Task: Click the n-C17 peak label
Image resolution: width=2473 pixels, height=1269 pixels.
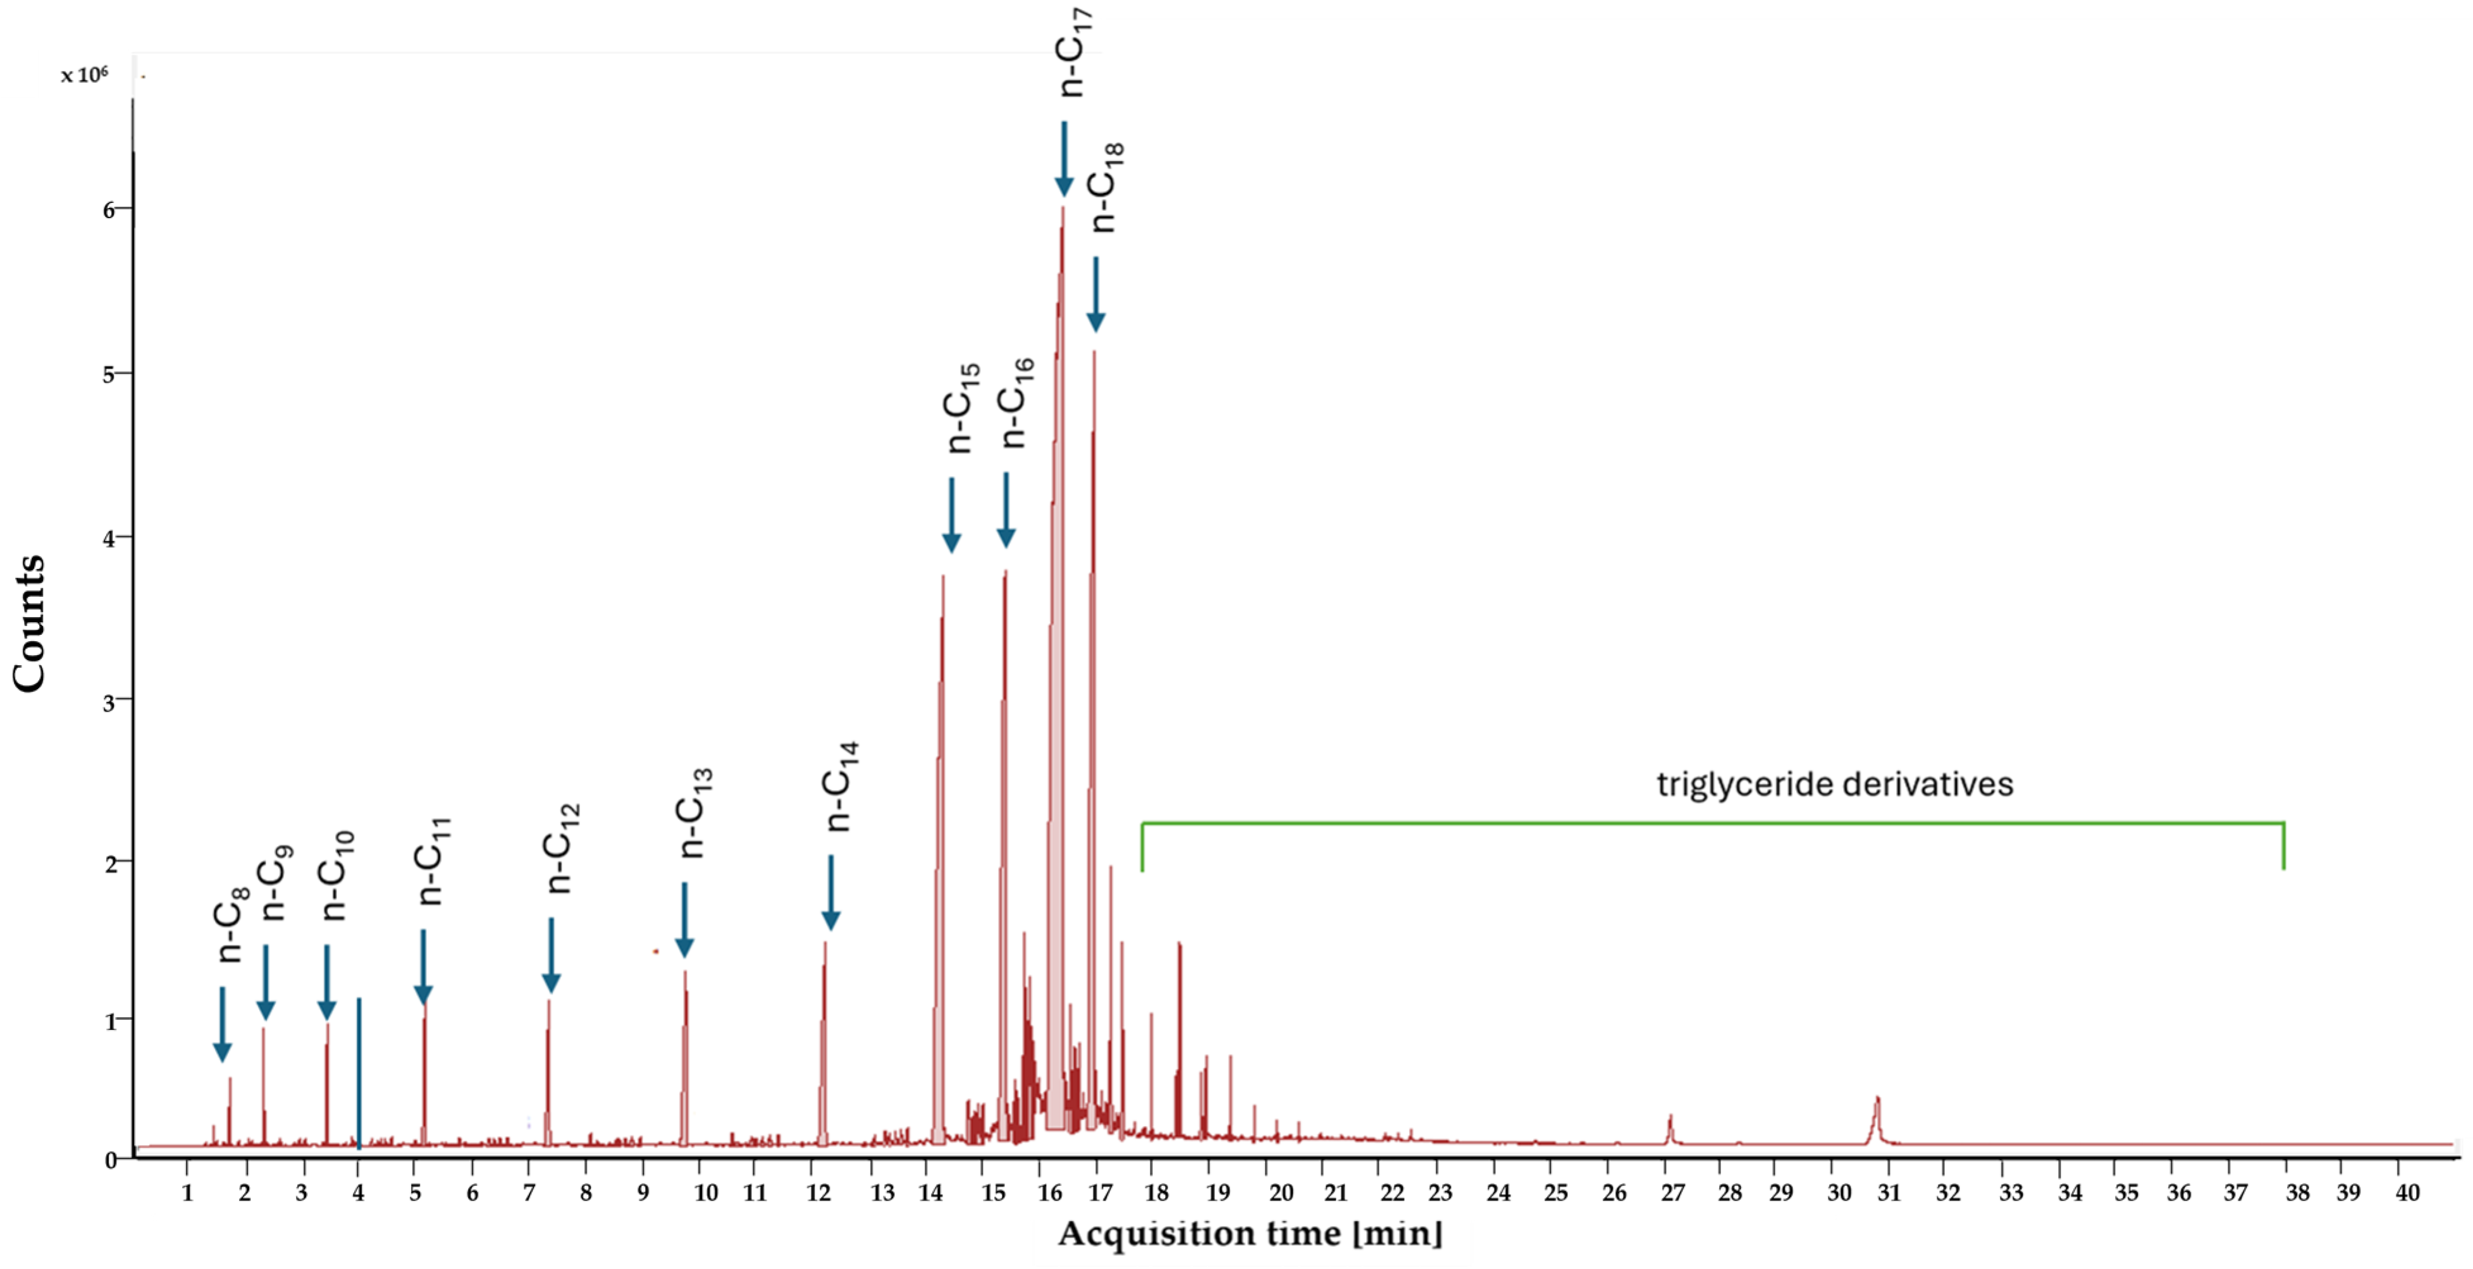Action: pyautogui.click(x=1073, y=52)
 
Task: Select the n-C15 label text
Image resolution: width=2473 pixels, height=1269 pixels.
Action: pyautogui.click(x=963, y=407)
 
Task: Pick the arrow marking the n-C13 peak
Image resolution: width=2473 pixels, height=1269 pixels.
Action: pyautogui.click(x=684, y=919)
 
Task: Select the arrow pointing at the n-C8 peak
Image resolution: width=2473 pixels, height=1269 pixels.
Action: pyautogui.click(x=222, y=1024)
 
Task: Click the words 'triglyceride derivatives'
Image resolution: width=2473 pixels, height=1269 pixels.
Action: pyautogui.click(x=1835, y=784)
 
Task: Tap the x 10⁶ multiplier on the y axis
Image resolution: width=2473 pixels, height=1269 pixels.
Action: pyautogui.click(x=85, y=75)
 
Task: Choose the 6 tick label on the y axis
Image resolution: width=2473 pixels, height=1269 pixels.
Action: pyautogui.click(x=109, y=209)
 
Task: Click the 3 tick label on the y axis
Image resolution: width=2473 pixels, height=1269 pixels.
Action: pyautogui.click(x=109, y=701)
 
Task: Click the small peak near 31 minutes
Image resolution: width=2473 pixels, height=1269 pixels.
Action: pyautogui.click(x=1877, y=1113)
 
